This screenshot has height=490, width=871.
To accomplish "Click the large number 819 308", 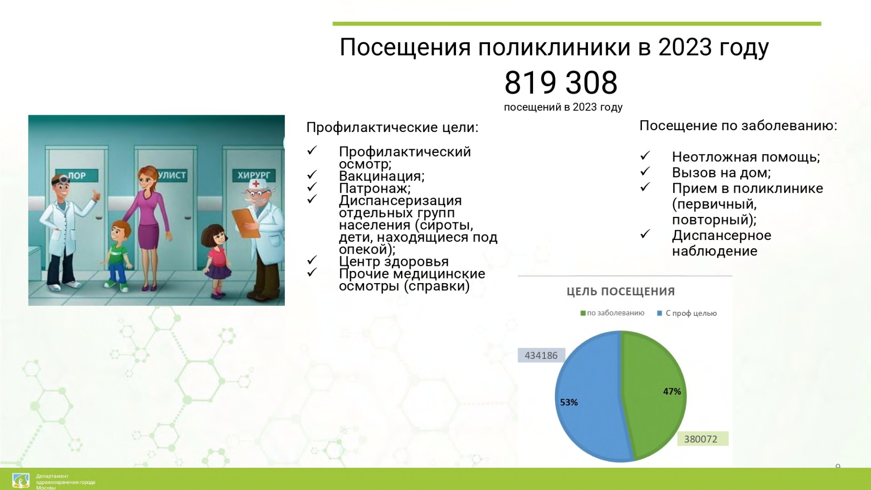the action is click(x=561, y=83).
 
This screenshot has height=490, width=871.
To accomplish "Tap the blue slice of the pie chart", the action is click(x=590, y=399).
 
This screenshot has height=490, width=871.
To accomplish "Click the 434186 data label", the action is click(x=541, y=355).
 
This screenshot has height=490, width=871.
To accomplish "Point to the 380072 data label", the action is click(x=701, y=439).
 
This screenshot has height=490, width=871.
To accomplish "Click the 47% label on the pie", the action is click(x=672, y=391).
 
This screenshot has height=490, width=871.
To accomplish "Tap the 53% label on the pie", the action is click(x=569, y=402).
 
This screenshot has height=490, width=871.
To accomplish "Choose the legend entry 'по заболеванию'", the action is click(x=612, y=313).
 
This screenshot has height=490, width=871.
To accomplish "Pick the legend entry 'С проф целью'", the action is click(x=687, y=313).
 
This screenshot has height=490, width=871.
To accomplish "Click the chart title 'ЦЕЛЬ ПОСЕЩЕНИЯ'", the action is click(x=621, y=291).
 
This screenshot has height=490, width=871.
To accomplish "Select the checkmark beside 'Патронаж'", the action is click(x=312, y=187).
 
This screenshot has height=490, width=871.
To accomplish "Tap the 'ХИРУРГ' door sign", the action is click(x=254, y=175).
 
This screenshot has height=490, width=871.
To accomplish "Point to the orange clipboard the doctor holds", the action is click(x=245, y=222).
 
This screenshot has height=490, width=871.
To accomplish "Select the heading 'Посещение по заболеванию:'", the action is click(x=739, y=126).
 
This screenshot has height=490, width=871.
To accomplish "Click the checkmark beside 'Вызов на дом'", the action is click(x=645, y=171).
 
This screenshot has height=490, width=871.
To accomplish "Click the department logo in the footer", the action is click(x=21, y=480).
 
